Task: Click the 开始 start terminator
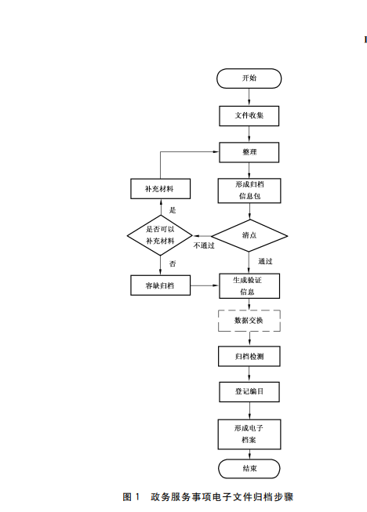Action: (x=249, y=78)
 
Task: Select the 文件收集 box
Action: (x=249, y=115)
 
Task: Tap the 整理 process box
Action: (x=249, y=151)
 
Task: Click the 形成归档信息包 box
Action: (x=249, y=190)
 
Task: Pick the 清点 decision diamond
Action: (x=249, y=234)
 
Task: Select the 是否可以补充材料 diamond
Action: (x=161, y=234)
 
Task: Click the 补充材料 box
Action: (x=160, y=190)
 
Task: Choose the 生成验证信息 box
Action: (x=249, y=285)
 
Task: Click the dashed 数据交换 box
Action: (x=249, y=321)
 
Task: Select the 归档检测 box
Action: (x=249, y=356)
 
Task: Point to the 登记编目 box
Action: (x=249, y=391)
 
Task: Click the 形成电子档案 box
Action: (x=249, y=434)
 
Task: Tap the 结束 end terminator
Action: (x=249, y=469)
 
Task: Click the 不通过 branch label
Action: (x=204, y=245)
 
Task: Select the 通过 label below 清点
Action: (x=265, y=261)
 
